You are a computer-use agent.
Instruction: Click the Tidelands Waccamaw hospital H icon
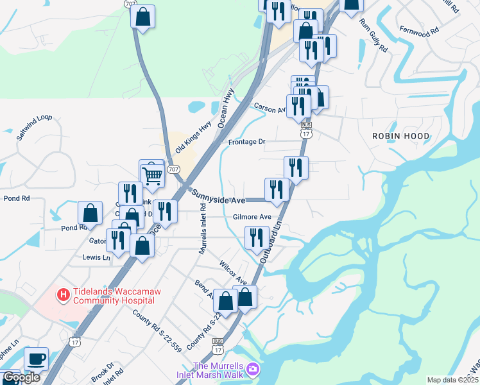tap(64, 295)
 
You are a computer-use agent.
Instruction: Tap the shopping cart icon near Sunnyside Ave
tap(152, 174)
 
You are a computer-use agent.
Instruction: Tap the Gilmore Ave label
tap(252, 217)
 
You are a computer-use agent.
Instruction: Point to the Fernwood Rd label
tap(418, 30)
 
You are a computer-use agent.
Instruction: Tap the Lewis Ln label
tap(96, 257)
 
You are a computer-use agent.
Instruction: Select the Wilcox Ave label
tap(233, 273)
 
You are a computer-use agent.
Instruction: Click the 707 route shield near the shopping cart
tap(173, 169)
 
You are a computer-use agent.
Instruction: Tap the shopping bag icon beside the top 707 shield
tap(142, 17)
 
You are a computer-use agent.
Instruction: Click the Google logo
tap(21, 377)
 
